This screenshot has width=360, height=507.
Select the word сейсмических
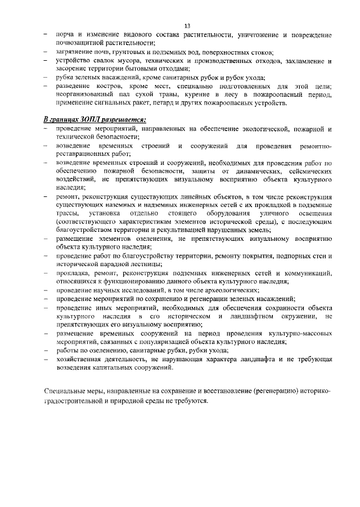pos(308,171)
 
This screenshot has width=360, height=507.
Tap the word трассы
pos(67,214)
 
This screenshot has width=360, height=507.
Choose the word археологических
pos(226,290)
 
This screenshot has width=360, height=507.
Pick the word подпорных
pos(284,256)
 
